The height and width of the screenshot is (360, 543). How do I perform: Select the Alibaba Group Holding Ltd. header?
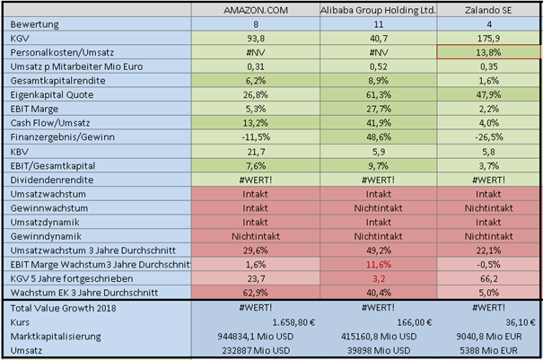(x=379, y=9)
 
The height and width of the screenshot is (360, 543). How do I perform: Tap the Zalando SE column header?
(x=488, y=9)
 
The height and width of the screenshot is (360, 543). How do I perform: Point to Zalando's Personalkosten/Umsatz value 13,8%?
(x=488, y=55)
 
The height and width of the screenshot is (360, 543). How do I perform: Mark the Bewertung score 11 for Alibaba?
(x=379, y=24)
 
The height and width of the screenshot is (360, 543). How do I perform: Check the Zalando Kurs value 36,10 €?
(x=518, y=320)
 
